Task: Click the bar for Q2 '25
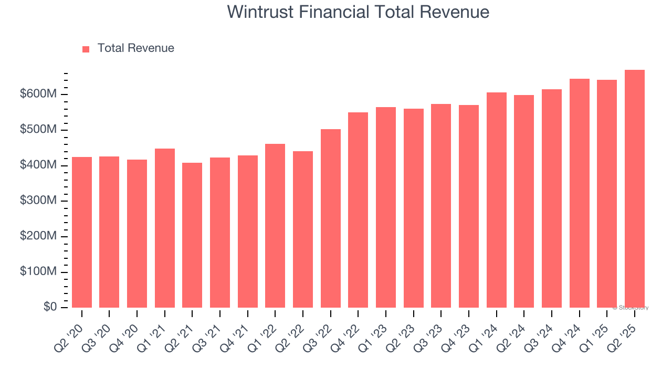click(x=634, y=189)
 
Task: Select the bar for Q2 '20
click(x=82, y=232)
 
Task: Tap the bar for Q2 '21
click(x=192, y=235)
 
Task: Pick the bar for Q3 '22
click(x=330, y=218)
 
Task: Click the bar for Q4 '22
click(x=358, y=210)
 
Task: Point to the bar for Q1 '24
click(x=496, y=200)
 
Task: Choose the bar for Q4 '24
click(x=579, y=193)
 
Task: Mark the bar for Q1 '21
click(x=165, y=228)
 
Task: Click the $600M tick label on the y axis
click(x=38, y=94)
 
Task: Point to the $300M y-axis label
click(x=38, y=201)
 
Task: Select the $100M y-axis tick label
click(x=38, y=272)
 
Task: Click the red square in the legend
click(x=86, y=49)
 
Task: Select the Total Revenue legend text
click(x=135, y=48)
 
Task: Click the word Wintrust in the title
click(x=261, y=12)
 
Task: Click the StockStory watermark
click(x=631, y=308)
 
